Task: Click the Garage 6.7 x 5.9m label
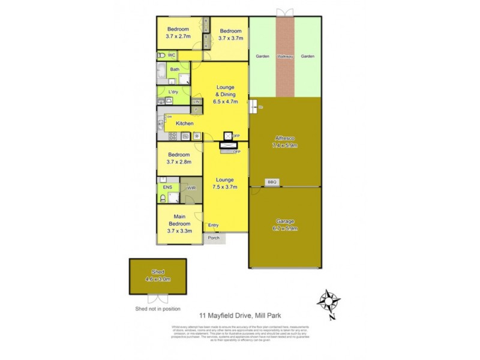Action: [285, 225]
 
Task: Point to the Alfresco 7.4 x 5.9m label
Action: [285, 142]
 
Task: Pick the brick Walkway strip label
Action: [285, 56]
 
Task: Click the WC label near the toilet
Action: [171, 55]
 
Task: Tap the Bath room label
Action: [174, 70]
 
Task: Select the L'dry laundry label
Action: [173, 92]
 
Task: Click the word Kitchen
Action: [184, 124]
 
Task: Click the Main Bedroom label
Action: [179, 221]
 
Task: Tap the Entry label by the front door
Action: [213, 226]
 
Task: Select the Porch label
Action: [213, 238]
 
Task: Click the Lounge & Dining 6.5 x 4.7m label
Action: [225, 94]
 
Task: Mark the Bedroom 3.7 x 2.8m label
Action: [178, 158]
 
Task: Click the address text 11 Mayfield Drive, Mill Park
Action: [241, 314]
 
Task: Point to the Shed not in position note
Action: [158, 308]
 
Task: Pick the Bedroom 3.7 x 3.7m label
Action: [230, 34]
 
